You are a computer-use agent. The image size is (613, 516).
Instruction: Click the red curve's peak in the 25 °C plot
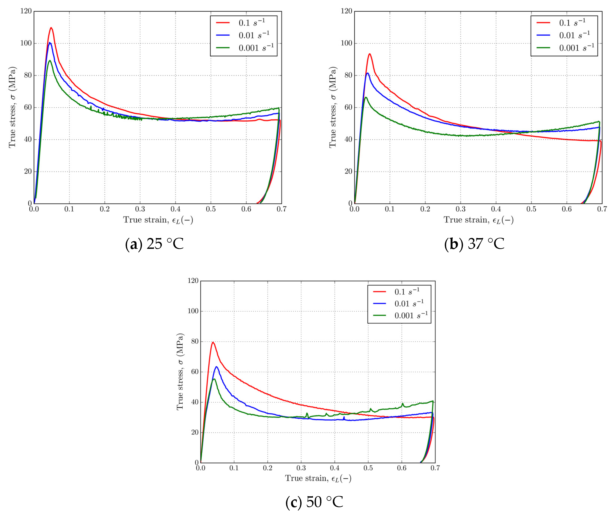pyautogui.click(x=51, y=28)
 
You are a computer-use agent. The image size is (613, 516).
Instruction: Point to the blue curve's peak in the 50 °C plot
pyautogui.click(x=217, y=367)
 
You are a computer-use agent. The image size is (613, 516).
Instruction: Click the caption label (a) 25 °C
pyautogui.click(x=154, y=244)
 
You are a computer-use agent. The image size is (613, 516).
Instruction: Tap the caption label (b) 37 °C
pyautogui.click(x=474, y=244)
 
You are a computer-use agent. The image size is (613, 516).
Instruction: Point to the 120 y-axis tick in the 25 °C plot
pyautogui.click(x=26, y=11)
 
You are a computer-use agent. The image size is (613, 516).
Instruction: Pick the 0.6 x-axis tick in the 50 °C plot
pyautogui.click(x=402, y=468)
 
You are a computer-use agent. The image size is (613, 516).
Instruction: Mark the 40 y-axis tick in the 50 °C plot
pyautogui.click(x=195, y=402)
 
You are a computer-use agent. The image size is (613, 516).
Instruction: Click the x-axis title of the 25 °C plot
pyautogui.click(x=158, y=220)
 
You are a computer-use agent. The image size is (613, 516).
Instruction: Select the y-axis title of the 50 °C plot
pyautogui.click(x=180, y=372)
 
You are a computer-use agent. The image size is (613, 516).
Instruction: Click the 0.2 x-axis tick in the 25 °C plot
pyautogui.click(x=105, y=209)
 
